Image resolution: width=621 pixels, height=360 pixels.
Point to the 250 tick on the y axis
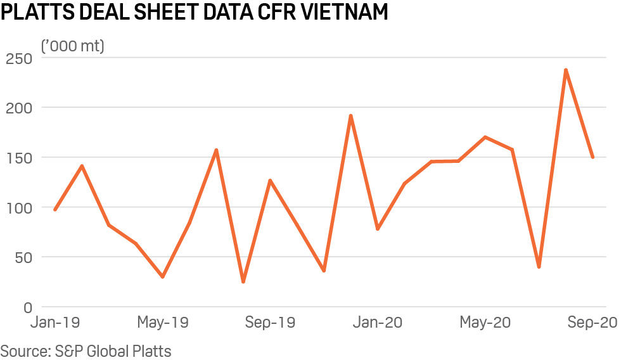(x=19, y=58)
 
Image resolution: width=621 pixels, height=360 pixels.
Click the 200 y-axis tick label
(x=19, y=108)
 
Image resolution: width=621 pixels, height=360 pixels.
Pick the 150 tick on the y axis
(x=19, y=157)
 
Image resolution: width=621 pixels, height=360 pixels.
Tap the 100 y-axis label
(x=19, y=207)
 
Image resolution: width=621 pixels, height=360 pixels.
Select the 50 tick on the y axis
(x=23, y=257)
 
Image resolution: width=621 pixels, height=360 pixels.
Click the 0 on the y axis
(x=27, y=307)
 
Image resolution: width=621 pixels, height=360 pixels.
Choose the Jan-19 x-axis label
(x=56, y=323)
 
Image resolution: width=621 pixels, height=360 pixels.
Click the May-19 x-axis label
(x=163, y=323)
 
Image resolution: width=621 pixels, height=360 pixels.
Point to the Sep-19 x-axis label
(x=270, y=323)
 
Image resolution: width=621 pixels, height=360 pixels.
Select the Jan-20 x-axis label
(x=377, y=323)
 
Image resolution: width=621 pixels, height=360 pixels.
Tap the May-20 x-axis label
(x=485, y=323)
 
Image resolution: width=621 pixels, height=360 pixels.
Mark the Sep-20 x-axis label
(x=591, y=323)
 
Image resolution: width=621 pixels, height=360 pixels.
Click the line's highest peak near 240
(x=565, y=70)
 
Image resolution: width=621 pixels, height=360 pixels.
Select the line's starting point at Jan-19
(x=55, y=209)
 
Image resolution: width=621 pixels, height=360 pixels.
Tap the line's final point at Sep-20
(x=592, y=157)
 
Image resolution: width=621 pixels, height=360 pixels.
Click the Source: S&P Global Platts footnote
(x=86, y=350)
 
